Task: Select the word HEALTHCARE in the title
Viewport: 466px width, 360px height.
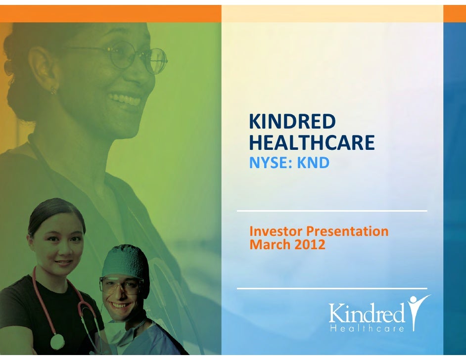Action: [x=312, y=143]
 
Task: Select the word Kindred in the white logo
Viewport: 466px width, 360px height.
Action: [x=367, y=314]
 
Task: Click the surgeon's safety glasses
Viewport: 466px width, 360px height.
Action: [x=121, y=285]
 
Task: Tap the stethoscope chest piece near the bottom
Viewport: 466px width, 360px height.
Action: [x=57, y=341]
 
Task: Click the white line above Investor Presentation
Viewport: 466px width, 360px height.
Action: [x=332, y=211]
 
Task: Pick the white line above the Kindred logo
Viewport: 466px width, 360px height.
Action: [x=332, y=288]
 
